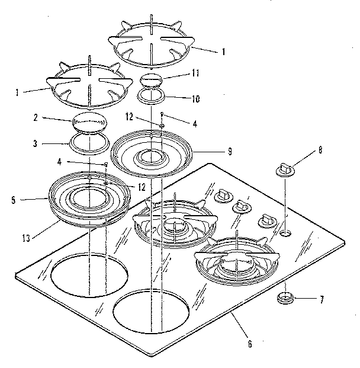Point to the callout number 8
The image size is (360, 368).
point(320,151)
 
